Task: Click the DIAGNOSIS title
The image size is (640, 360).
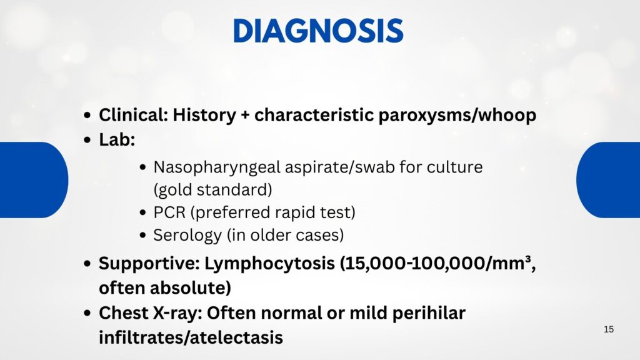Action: pyautogui.click(x=318, y=31)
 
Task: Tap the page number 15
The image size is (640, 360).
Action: pyautogui.click(x=609, y=329)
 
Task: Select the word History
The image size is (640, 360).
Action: pyautogui.click(x=204, y=115)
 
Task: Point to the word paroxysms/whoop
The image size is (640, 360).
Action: pyautogui.click(x=457, y=116)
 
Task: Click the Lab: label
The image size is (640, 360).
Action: pyautogui.click(x=117, y=139)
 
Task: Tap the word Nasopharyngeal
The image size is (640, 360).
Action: pyautogui.click(x=217, y=167)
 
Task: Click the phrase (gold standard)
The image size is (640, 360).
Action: pyautogui.click(x=212, y=190)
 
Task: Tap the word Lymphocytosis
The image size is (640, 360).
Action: pyautogui.click(x=269, y=263)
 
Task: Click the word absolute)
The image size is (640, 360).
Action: pyautogui.click(x=190, y=287)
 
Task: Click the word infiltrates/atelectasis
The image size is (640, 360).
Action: pyautogui.click(x=191, y=337)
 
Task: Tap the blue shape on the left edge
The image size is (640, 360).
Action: pyautogui.click(x=34, y=179)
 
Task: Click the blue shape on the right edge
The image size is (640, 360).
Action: pyautogui.click(x=608, y=179)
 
